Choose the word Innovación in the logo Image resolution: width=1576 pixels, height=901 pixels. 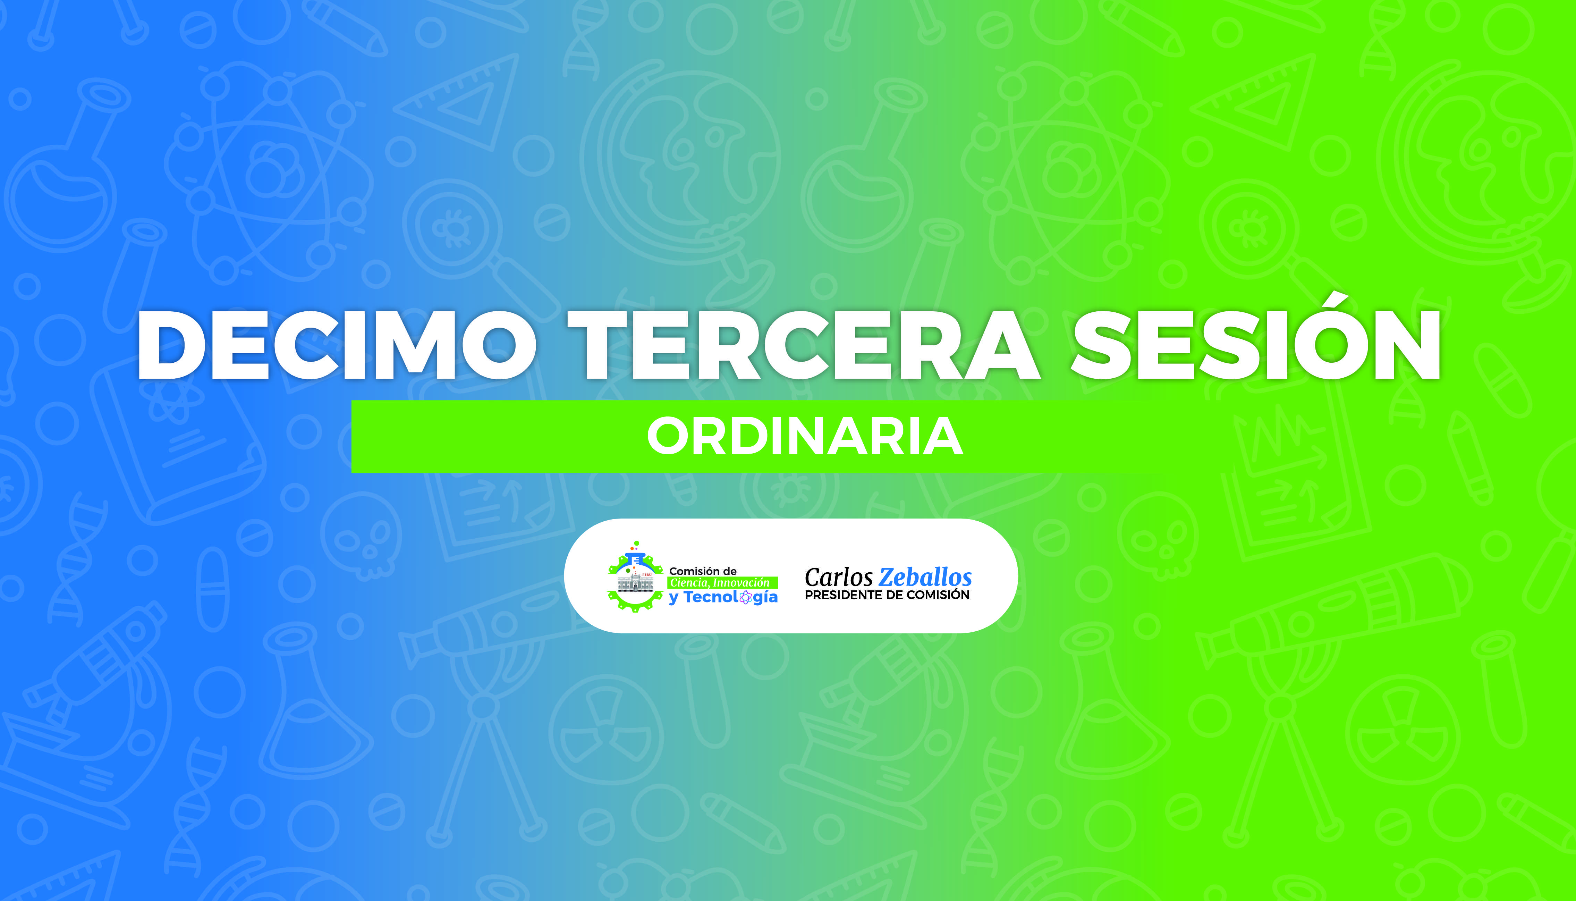[x=741, y=583]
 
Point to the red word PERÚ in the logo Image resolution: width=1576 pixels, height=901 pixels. [x=647, y=574]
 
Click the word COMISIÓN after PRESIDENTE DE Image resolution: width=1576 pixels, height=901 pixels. [x=938, y=595]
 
